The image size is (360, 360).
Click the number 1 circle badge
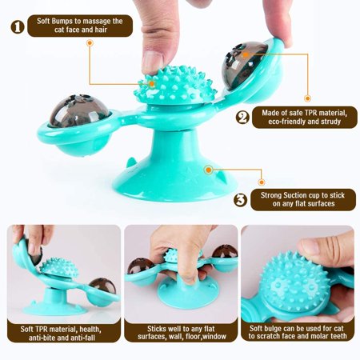[18, 27]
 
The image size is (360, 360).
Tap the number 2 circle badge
[242, 117]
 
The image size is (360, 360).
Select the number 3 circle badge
[240, 200]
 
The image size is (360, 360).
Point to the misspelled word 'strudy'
[329, 122]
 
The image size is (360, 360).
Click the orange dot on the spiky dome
[151, 84]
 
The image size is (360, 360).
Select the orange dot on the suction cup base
[209, 170]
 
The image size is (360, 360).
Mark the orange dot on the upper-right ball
[246, 54]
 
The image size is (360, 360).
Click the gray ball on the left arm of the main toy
[78, 110]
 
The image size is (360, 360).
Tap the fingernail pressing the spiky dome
[151, 62]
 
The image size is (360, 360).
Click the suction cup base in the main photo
[174, 170]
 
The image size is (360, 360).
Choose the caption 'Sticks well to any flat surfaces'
[181, 332]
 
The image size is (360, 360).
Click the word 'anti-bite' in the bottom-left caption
[45, 338]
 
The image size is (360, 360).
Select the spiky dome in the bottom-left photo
[59, 268]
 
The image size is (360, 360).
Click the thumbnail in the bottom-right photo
[310, 246]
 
